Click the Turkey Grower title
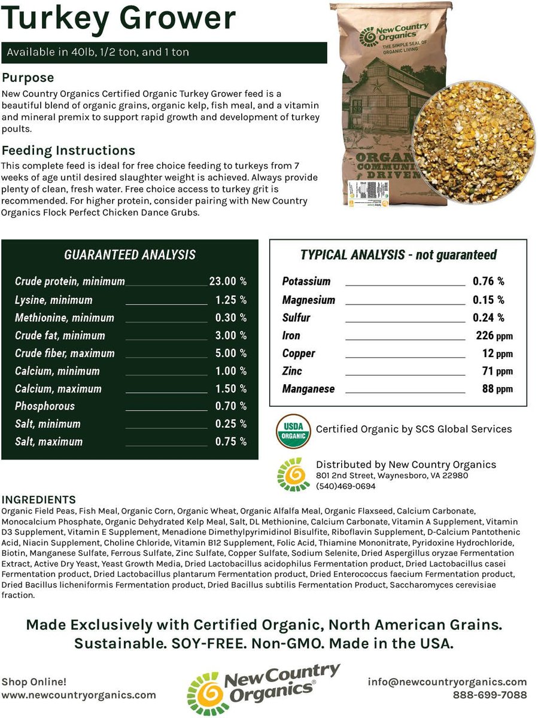(119, 19)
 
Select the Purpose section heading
(28, 78)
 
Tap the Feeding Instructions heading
(68, 150)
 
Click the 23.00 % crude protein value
(227, 282)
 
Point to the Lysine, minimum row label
(54, 300)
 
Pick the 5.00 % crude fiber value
(230, 353)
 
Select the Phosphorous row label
(45, 406)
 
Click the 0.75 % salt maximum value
(230, 442)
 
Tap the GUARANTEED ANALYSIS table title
(129, 255)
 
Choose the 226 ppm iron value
(494, 336)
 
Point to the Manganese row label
(308, 389)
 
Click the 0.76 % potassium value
(488, 281)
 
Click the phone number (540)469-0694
(346, 486)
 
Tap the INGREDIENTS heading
(39, 500)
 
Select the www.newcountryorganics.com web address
(78, 695)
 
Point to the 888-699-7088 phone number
(489, 695)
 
